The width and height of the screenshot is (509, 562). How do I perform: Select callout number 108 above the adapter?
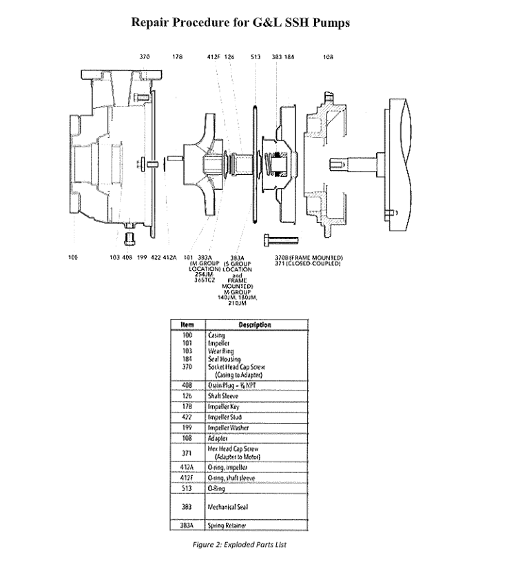(x=328, y=57)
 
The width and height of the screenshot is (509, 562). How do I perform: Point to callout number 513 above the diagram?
(x=255, y=57)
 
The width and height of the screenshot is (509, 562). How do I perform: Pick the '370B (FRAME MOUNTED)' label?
(x=304, y=258)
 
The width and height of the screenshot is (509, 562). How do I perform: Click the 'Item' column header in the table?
(x=187, y=325)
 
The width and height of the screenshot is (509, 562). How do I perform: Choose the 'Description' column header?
(x=254, y=325)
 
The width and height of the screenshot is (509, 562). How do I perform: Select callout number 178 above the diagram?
(x=177, y=57)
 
